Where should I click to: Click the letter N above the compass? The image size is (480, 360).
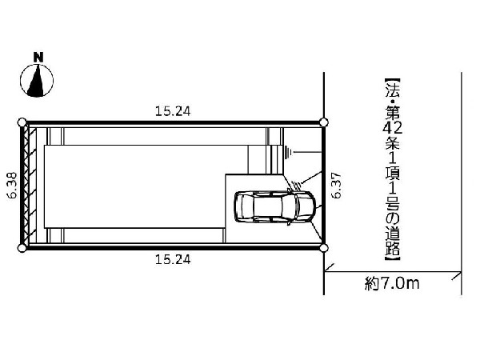coord(38,58)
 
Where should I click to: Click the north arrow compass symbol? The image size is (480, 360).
coord(37,81)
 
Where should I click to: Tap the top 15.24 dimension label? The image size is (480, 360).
coord(173,111)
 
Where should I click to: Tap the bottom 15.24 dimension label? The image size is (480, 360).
coord(173,259)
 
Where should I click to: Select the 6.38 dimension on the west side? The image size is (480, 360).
coord(12,186)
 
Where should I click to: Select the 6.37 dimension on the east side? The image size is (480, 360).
coord(336,186)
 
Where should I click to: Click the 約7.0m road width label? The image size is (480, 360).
coord(392,283)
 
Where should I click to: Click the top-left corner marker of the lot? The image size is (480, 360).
coord(22,122)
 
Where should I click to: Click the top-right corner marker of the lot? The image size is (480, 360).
coord(324,122)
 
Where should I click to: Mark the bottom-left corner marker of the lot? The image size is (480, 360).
coord(22,248)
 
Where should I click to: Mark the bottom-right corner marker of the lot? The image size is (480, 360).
coord(324,248)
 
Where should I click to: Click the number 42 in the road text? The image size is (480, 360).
coord(393,127)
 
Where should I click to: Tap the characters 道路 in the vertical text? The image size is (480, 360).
coord(393,242)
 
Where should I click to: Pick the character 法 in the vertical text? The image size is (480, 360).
coord(393,90)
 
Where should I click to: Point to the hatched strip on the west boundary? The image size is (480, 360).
coord(32,185)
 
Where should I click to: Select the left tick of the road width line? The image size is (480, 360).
coord(329,267)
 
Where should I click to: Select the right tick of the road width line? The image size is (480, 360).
coord(457,276)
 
